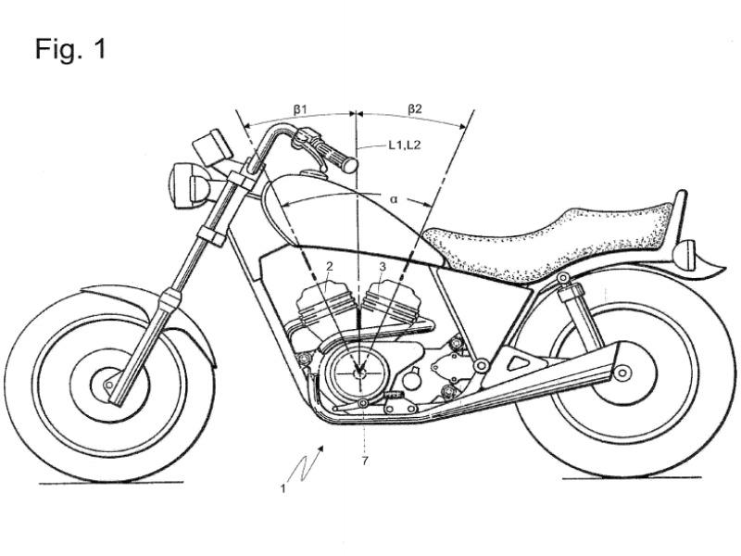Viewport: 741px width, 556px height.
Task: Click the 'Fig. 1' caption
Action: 70,49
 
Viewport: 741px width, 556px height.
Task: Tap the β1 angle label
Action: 300,109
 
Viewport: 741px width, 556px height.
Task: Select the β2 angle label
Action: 414,109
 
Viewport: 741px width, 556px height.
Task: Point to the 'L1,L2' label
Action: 405,145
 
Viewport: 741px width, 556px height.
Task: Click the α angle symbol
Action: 394,199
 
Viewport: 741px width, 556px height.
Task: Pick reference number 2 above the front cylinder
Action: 330,267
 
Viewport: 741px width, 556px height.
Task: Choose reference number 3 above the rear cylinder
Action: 383,267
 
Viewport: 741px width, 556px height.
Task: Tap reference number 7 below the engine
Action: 364,461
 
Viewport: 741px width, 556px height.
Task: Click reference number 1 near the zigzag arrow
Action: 283,489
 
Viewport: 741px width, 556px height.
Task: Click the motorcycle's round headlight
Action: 189,185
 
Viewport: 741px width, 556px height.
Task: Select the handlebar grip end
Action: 349,164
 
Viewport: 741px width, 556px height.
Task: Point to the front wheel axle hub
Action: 108,385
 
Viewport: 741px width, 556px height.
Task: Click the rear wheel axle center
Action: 622,373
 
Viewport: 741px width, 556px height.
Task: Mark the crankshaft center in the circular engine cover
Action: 359,373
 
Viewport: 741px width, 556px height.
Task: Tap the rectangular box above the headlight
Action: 211,144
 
